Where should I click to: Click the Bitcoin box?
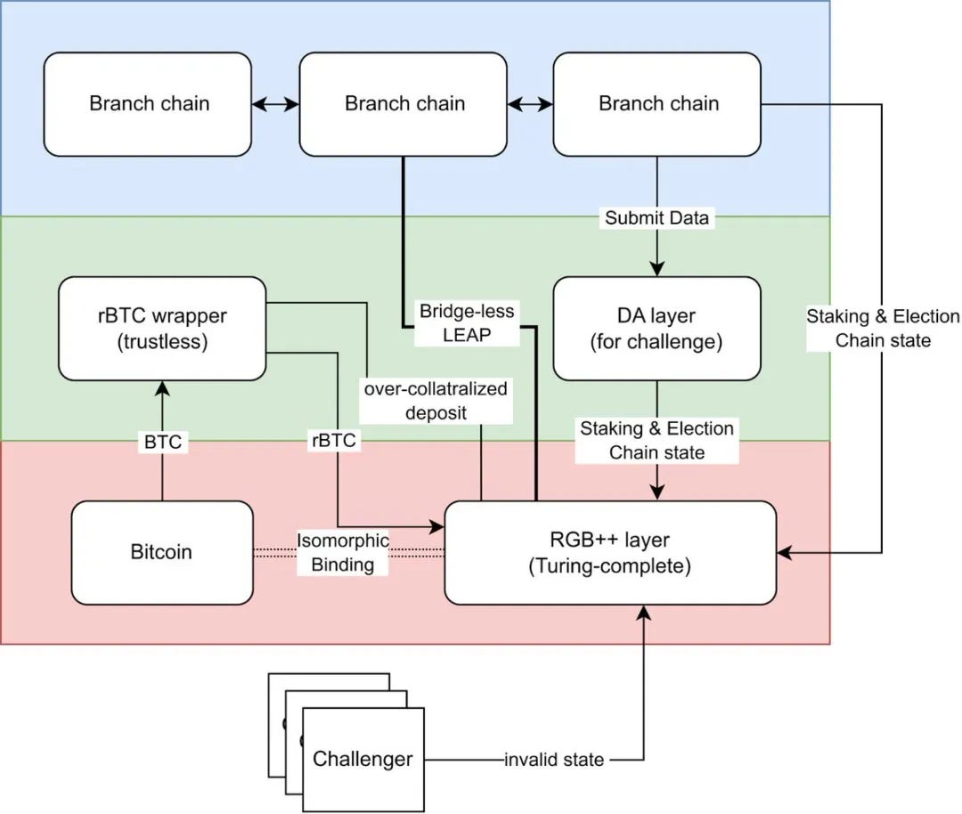coord(161,552)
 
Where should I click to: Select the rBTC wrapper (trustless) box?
coord(162,328)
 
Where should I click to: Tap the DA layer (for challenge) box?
coord(657,328)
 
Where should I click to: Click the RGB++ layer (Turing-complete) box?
coord(610,552)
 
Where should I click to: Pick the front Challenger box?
coord(363,759)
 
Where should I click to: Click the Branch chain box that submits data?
coord(657,103)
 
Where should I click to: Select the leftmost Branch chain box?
coord(149,103)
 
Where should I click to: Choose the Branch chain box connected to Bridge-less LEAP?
coord(404,103)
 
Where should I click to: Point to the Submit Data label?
coord(657,218)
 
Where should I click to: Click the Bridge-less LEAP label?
coord(468,323)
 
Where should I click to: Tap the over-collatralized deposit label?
coord(435,401)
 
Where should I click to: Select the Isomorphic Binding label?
coord(343,552)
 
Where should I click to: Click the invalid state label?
coord(554,760)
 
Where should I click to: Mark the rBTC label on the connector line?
coord(335,440)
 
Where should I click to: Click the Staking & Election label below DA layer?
coord(657,440)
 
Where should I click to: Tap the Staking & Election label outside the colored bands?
coord(883,328)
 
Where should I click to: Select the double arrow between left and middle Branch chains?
coord(275,104)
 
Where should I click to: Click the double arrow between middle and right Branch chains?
coord(531,104)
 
